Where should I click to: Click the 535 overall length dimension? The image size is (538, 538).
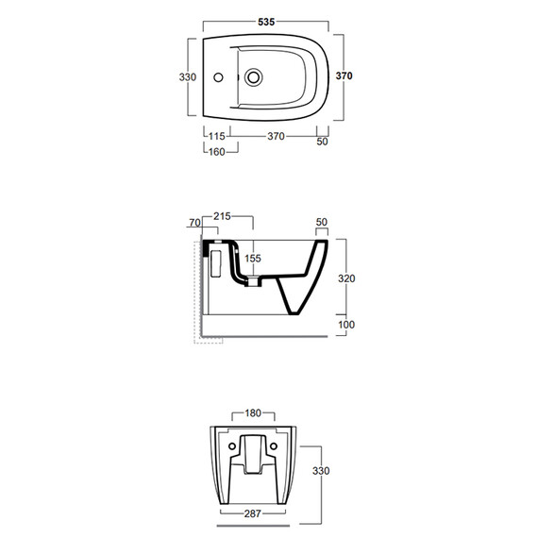point(266,22)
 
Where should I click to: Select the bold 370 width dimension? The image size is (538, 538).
point(344,76)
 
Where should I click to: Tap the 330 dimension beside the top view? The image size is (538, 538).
point(188,77)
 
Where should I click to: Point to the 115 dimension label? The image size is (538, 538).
point(217,137)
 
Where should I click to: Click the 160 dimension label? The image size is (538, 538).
point(217,152)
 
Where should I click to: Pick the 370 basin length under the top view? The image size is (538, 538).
point(276,137)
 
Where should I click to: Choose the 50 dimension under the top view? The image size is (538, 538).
point(322,142)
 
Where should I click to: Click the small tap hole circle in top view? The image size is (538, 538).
point(218,77)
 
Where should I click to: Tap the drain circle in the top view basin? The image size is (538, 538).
point(254,77)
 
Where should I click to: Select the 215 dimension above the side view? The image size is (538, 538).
point(222,216)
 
